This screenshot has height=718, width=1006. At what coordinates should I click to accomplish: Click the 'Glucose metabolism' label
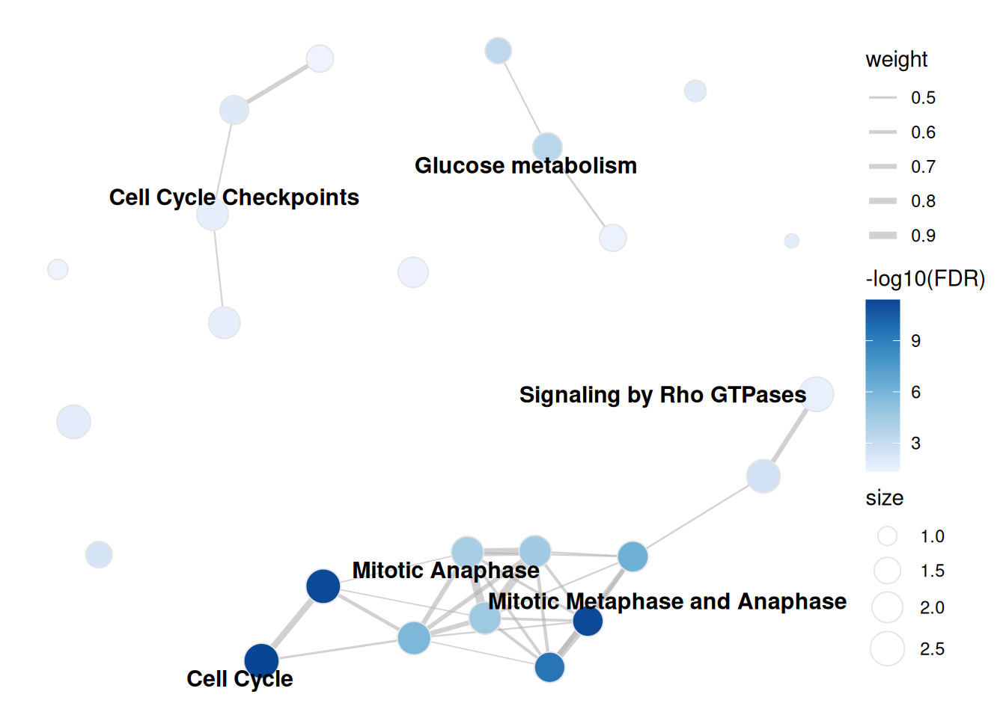pyautogui.click(x=525, y=165)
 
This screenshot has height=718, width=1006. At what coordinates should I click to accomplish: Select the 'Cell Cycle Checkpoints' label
pyautogui.click(x=234, y=198)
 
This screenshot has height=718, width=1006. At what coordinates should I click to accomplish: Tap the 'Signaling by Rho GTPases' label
pyautogui.click(x=662, y=396)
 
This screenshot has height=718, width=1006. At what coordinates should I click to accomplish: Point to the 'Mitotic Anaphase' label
pyautogui.click(x=445, y=571)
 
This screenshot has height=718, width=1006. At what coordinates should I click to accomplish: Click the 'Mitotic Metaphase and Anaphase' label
pyautogui.click(x=668, y=602)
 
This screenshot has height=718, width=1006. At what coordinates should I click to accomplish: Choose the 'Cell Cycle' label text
pyautogui.click(x=240, y=679)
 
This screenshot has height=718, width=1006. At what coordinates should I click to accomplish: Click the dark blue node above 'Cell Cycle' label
pyautogui.click(x=261, y=660)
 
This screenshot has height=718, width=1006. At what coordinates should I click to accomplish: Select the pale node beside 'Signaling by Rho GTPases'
pyautogui.click(x=817, y=394)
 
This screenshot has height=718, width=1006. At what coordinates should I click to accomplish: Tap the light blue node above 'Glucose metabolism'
pyautogui.click(x=547, y=147)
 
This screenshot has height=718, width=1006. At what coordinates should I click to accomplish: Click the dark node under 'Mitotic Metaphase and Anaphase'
pyautogui.click(x=588, y=622)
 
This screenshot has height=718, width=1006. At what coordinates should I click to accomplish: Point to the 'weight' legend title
pyautogui.click(x=897, y=60)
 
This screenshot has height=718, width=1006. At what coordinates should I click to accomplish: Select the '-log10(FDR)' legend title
pyautogui.click(x=925, y=279)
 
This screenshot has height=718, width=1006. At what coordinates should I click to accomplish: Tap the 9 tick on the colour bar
pyautogui.click(x=915, y=341)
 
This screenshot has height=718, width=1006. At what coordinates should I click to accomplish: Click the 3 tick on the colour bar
pyautogui.click(x=915, y=444)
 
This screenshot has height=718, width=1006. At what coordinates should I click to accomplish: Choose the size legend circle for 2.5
pyautogui.click(x=887, y=648)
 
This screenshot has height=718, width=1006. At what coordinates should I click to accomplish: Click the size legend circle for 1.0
pyautogui.click(x=887, y=536)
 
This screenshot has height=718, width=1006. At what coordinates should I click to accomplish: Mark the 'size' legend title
pyautogui.click(x=884, y=499)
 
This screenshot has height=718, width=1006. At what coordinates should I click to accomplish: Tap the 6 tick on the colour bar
pyautogui.click(x=915, y=393)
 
